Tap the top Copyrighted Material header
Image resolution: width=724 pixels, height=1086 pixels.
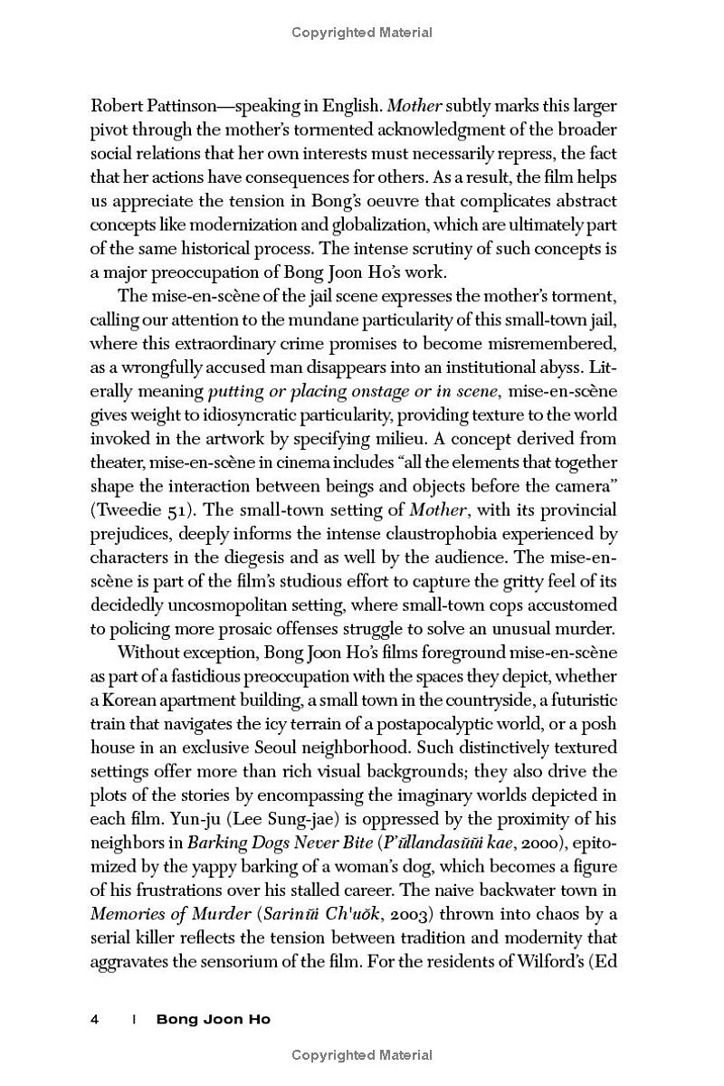coord(362,33)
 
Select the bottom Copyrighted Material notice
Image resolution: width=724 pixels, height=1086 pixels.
coord(362,1054)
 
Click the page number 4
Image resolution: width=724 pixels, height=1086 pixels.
coord(95,1019)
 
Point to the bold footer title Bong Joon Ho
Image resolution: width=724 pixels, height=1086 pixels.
coord(213,1019)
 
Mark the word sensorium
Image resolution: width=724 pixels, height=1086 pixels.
coord(275,959)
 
